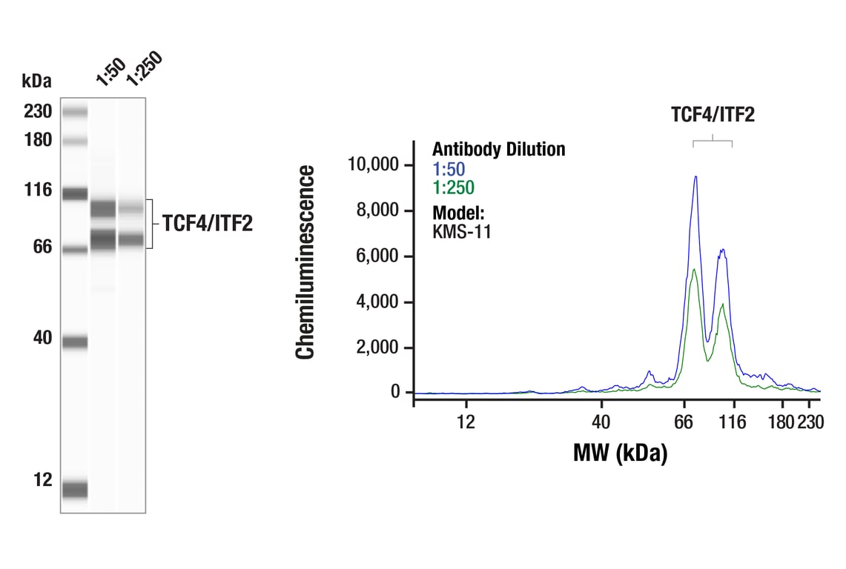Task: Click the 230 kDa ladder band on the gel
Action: point(75,112)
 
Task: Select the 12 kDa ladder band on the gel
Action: point(75,489)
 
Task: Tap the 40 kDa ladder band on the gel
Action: point(75,342)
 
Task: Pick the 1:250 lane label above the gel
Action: point(142,69)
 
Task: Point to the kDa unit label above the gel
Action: point(37,80)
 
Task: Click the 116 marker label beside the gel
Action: point(37,190)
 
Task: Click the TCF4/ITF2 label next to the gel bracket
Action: point(208,224)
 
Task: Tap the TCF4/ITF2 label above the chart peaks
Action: point(713,115)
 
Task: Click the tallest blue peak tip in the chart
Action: point(695,176)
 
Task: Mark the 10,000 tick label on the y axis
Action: point(374,164)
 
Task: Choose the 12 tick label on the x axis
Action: point(466,422)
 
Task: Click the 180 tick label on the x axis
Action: point(781,422)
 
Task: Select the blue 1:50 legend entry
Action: point(449,169)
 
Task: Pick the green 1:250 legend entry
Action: point(453,187)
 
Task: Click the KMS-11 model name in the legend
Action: point(461,231)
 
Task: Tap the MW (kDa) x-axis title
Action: point(620,452)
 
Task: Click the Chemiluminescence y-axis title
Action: point(305,263)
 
